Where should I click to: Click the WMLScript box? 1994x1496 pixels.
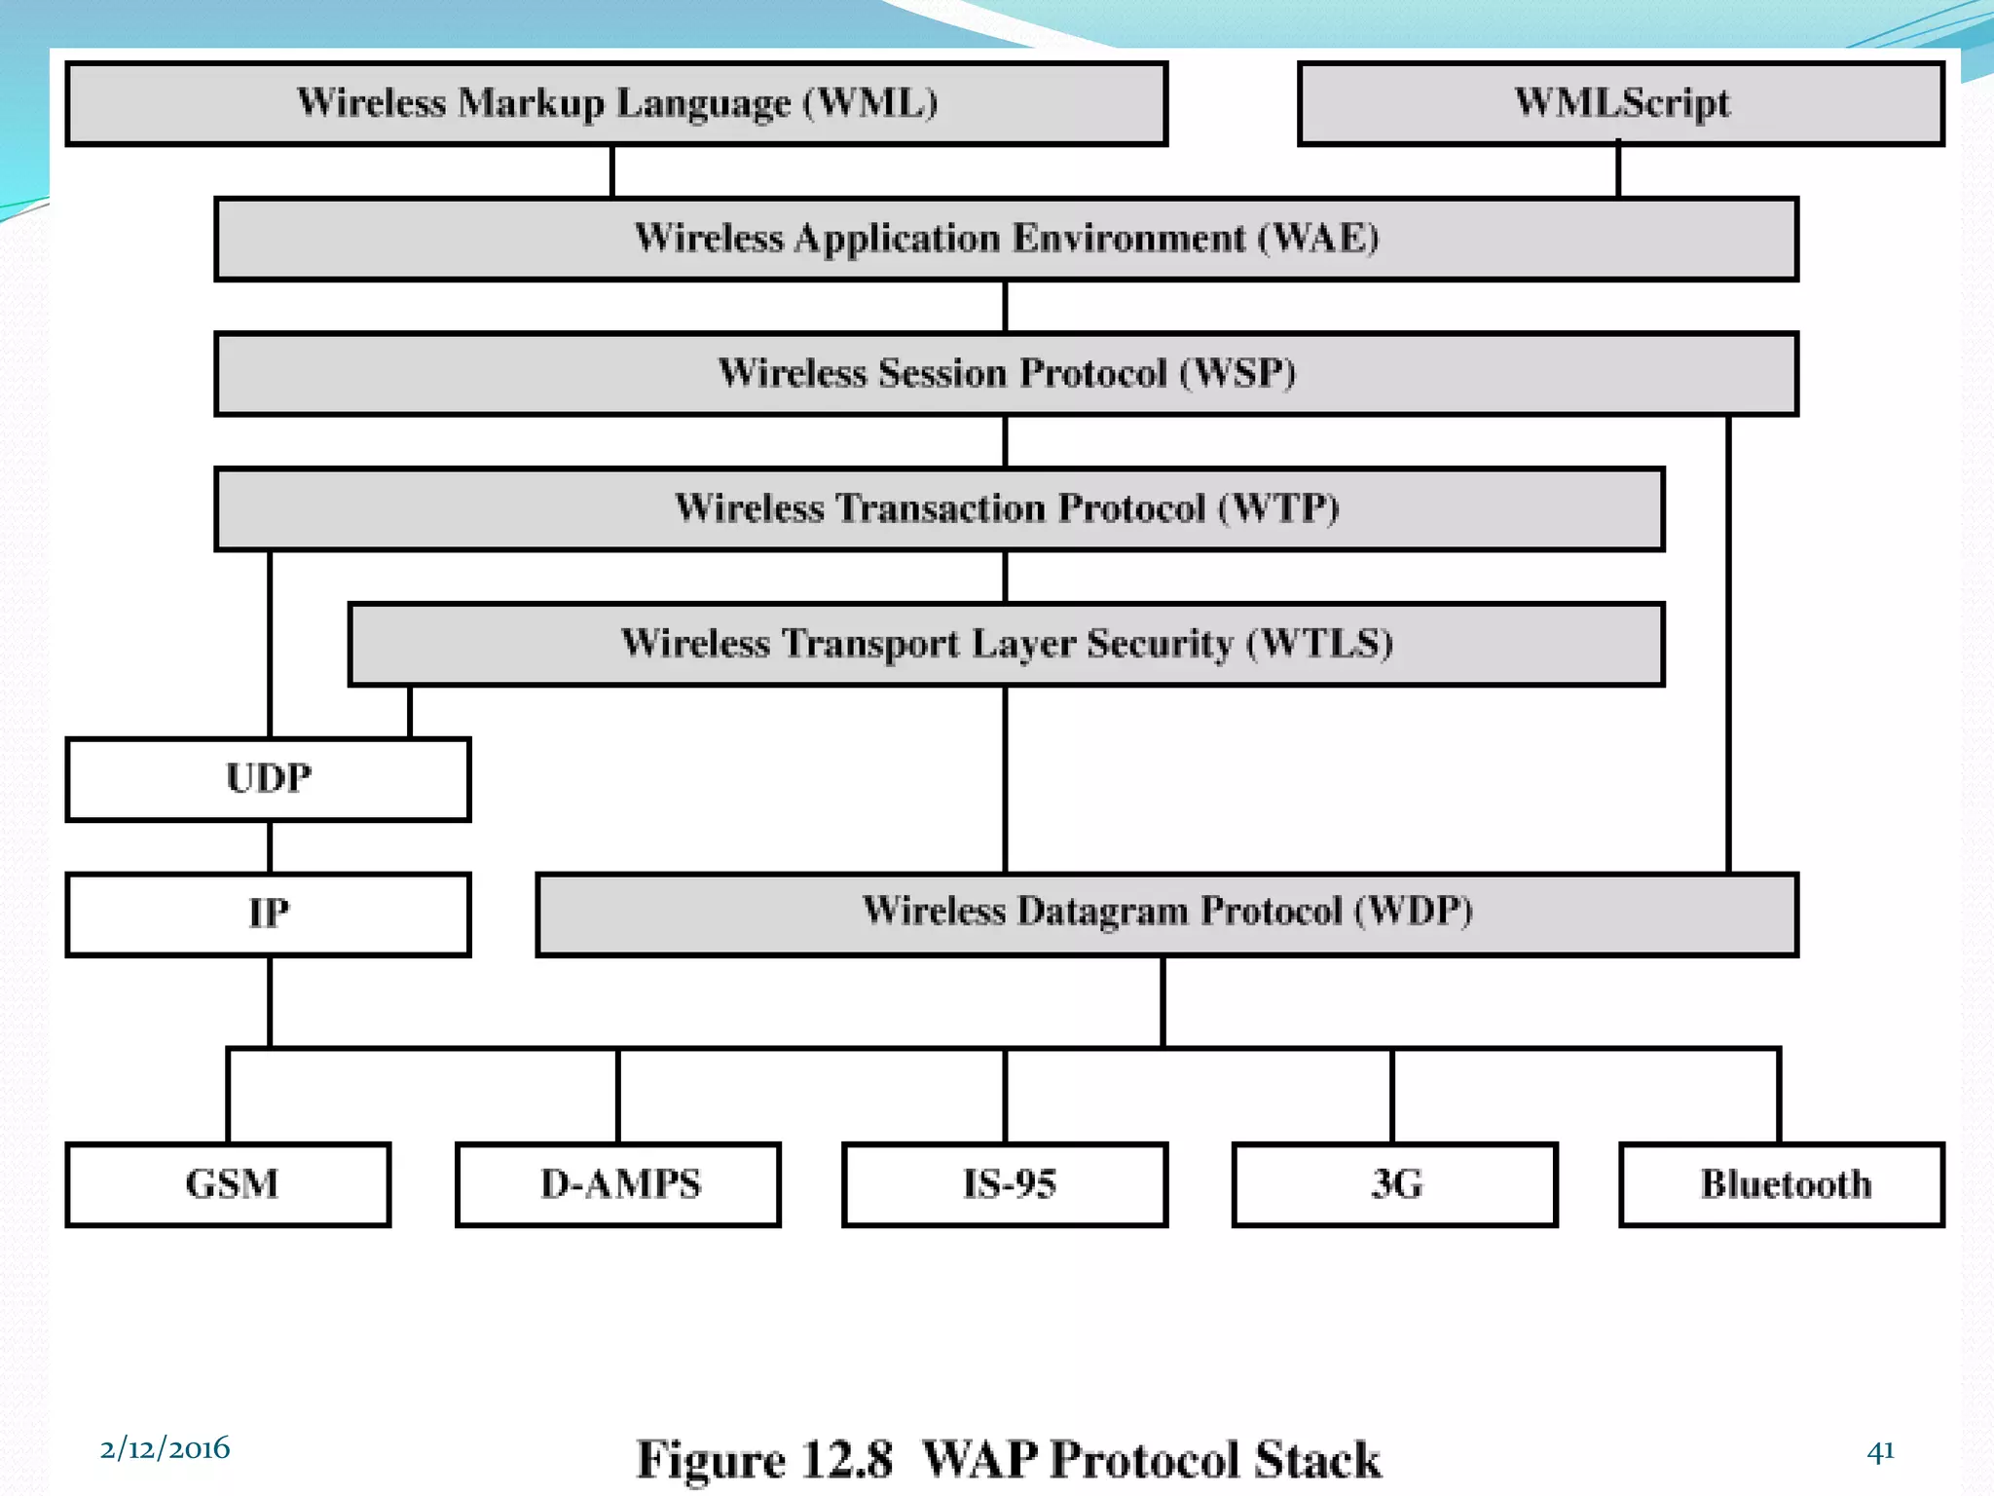point(1621,103)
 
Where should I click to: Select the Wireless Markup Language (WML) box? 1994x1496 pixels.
point(616,103)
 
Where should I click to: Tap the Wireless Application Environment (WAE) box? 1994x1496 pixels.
point(1006,239)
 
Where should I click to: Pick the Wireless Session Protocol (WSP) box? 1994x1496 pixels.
point(1006,374)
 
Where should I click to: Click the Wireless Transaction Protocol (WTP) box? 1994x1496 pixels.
point(940,508)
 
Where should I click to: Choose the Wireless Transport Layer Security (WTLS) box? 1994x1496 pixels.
point(1006,644)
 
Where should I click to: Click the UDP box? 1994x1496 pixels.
point(268,779)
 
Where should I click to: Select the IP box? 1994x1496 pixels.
point(268,914)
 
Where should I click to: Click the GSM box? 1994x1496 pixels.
point(229,1184)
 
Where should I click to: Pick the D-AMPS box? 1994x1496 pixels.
point(618,1184)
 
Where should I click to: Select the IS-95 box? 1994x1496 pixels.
point(1005,1184)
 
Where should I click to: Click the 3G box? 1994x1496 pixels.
point(1394,1184)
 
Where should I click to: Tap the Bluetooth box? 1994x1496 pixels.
point(1782,1184)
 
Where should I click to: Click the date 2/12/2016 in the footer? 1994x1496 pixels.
point(165,1448)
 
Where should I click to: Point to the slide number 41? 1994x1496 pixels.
point(1880,1451)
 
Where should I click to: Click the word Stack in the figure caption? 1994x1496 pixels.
point(1316,1459)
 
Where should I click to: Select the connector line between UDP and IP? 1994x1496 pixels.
point(270,846)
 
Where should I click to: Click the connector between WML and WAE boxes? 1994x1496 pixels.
point(612,171)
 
